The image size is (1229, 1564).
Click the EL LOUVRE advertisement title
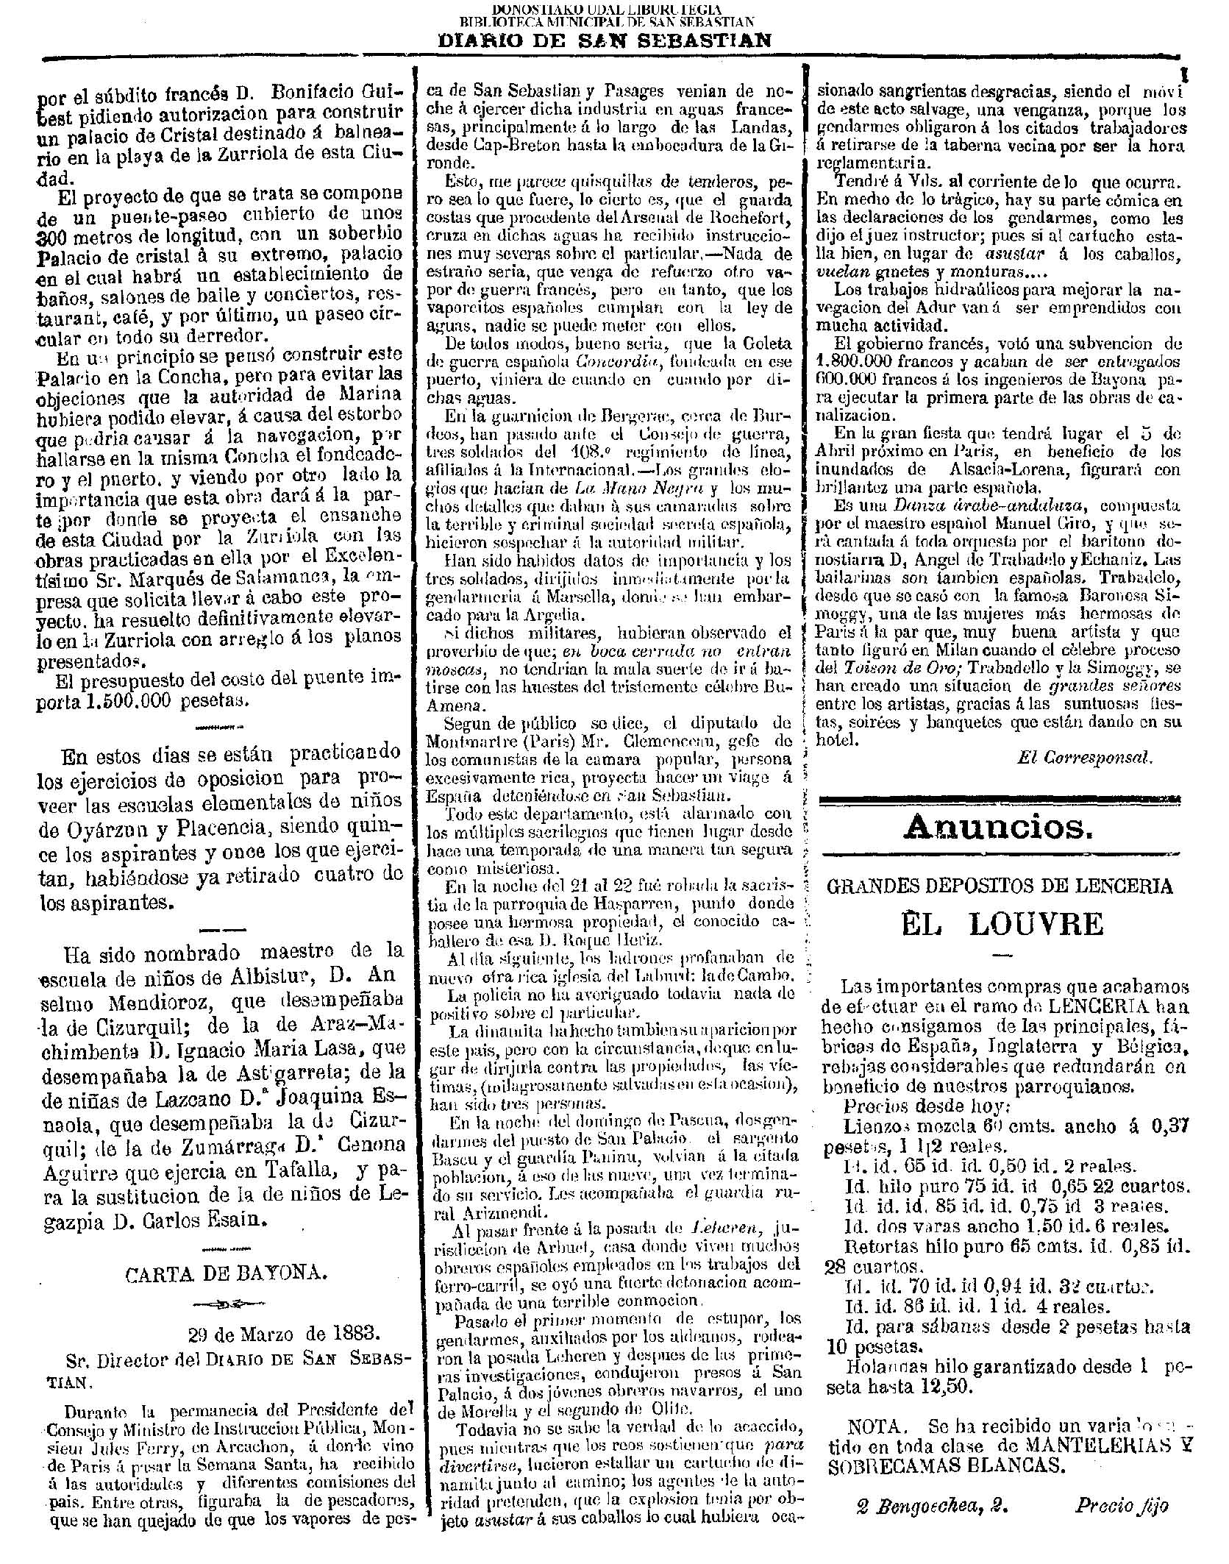(x=1002, y=924)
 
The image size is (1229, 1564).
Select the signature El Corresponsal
(x=1085, y=757)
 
